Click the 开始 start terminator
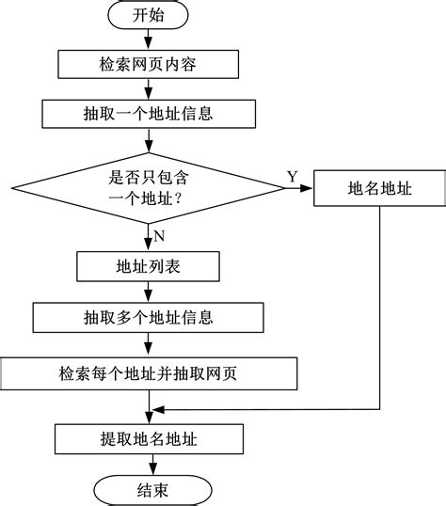pos(150,16)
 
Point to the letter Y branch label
pos(292,177)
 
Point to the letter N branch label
pos(159,234)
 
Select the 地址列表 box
pos(150,267)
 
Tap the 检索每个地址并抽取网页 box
pos(150,372)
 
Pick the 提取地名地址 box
pos(150,437)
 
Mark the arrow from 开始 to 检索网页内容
pos(150,40)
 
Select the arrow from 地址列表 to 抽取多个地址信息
pos(150,291)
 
